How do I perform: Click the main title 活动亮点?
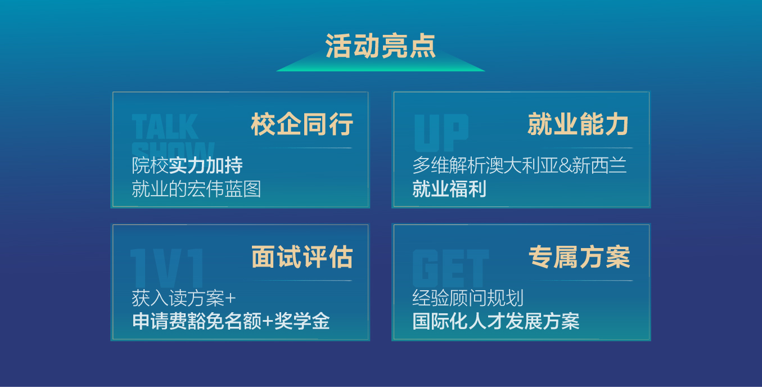[x=380, y=46]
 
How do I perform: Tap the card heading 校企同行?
[x=302, y=124]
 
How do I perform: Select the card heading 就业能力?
[x=578, y=124]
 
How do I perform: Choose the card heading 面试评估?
[x=302, y=257]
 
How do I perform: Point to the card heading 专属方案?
[x=579, y=257]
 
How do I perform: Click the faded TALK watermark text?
[x=165, y=127]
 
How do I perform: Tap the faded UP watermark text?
[x=441, y=133]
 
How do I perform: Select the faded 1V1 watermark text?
[x=166, y=268]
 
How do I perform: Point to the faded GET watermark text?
[x=451, y=268]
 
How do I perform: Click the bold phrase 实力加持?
[x=206, y=165]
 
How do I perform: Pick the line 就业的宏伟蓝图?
[x=196, y=189]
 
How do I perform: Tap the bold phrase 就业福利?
[x=449, y=189]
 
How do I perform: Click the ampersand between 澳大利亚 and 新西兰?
[x=565, y=166]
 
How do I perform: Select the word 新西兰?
[x=599, y=165]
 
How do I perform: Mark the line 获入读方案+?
[x=184, y=298]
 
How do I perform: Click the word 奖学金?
[x=302, y=321]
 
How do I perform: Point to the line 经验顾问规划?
[x=468, y=298]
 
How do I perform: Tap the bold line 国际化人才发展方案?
[x=495, y=321]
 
